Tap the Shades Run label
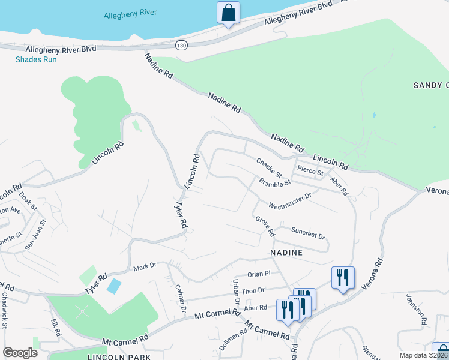pos(35,59)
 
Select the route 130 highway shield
pos(181,45)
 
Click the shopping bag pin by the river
pos(228,13)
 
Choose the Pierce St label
pos(311,170)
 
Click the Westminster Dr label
pos(290,199)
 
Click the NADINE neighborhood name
pos(286,253)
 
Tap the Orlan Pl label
pos(259,274)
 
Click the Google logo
pos(20,353)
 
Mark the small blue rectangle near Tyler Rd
pos(113,286)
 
